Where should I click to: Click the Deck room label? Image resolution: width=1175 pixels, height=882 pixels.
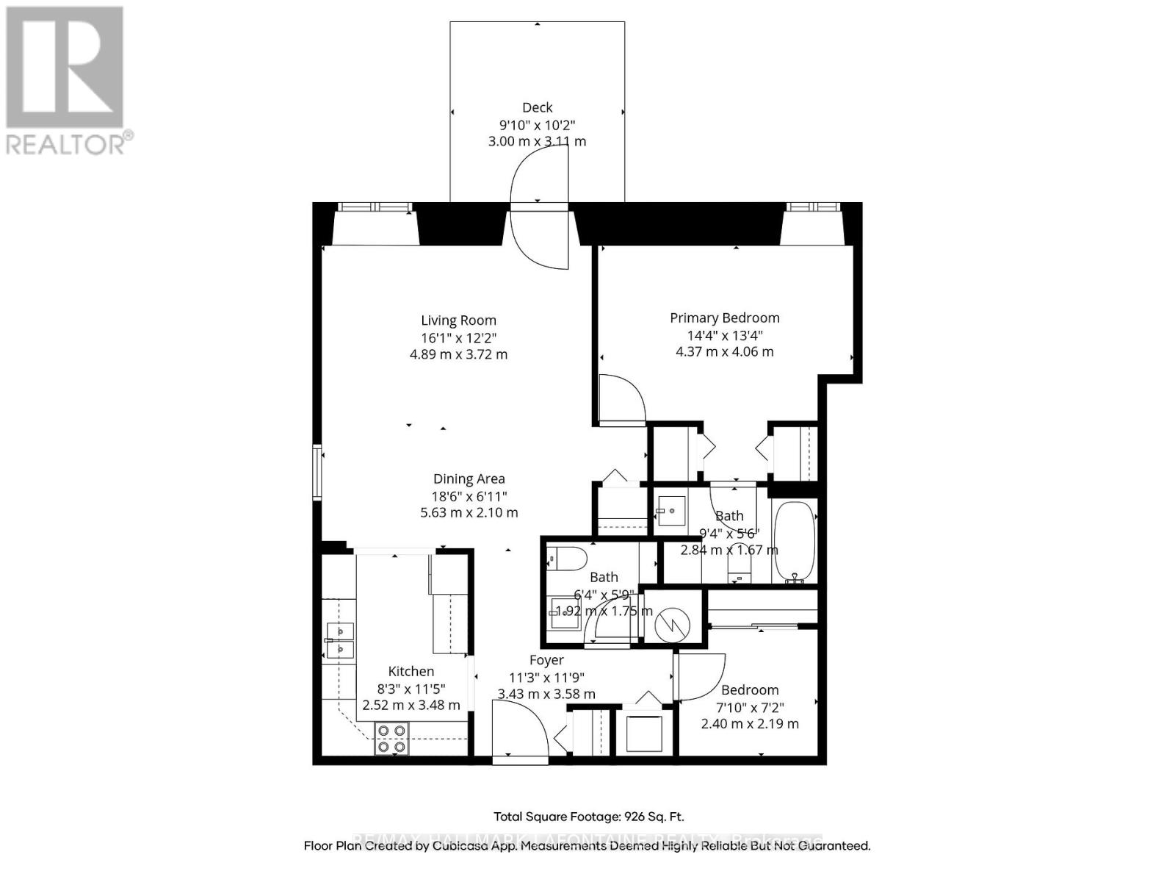(x=537, y=107)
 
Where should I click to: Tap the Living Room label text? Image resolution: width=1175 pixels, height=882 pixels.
(x=458, y=320)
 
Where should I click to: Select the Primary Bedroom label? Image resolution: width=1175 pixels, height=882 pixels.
(x=724, y=318)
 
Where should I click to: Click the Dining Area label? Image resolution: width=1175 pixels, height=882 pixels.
(x=469, y=479)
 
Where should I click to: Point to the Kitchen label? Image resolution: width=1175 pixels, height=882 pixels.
(x=411, y=671)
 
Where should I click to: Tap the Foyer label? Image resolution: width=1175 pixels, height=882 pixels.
(x=546, y=660)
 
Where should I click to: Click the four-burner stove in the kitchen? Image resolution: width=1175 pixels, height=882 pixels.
(x=391, y=739)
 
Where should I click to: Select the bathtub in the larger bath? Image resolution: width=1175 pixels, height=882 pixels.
(x=794, y=542)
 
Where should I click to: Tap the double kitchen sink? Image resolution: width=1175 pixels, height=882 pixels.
(x=341, y=640)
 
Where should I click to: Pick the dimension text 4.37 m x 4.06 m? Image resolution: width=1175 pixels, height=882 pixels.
(x=724, y=351)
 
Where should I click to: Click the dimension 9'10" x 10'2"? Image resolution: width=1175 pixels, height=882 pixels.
(x=537, y=124)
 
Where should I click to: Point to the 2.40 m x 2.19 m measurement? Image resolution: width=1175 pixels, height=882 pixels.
(x=749, y=724)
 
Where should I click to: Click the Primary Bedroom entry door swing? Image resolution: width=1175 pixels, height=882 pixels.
(x=621, y=400)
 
